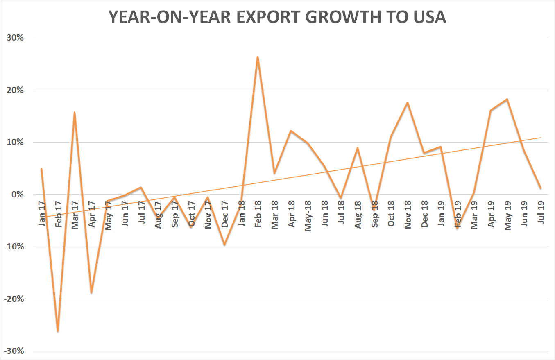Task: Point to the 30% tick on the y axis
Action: click(15, 38)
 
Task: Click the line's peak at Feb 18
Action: click(258, 57)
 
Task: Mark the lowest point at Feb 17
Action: click(58, 331)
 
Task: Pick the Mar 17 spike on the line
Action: click(75, 112)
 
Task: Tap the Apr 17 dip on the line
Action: click(91, 292)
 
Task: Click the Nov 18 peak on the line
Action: click(408, 102)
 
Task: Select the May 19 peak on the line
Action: click(507, 99)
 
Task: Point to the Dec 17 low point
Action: click(224, 245)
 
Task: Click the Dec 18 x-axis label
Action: click(424, 214)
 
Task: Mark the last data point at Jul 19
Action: click(541, 188)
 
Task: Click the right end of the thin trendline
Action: click(541, 138)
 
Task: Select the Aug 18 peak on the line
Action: click(358, 148)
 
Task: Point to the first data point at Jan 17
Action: click(41, 168)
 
